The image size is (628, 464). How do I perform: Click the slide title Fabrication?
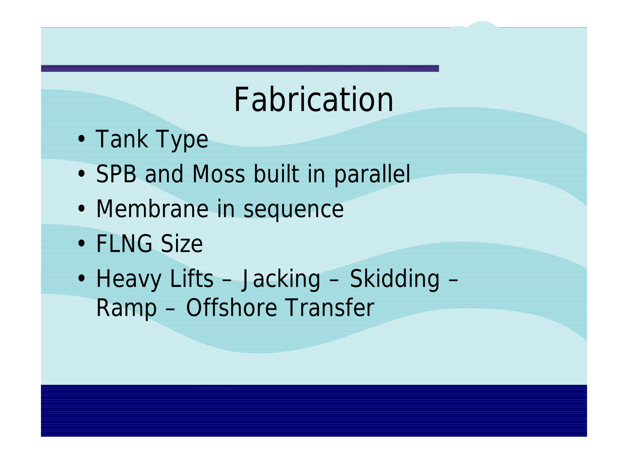[313, 99]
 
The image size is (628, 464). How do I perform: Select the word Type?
[182, 141]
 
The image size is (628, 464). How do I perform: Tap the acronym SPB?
[116, 174]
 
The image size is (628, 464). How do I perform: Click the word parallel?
[372, 175]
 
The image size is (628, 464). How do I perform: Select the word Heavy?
[129, 279]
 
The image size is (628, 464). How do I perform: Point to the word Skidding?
[395, 279]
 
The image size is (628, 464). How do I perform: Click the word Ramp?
[126, 309]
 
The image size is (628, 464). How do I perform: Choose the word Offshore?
[232, 308]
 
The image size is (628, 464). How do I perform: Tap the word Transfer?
[330, 308]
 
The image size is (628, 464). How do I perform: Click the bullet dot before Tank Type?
[81, 139]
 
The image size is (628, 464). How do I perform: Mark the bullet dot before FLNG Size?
[81, 243]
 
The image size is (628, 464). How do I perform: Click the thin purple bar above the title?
[240, 69]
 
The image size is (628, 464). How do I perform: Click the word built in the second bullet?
[276, 174]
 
